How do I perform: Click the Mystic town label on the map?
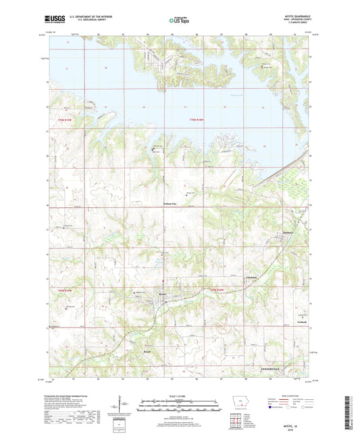[162, 294]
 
